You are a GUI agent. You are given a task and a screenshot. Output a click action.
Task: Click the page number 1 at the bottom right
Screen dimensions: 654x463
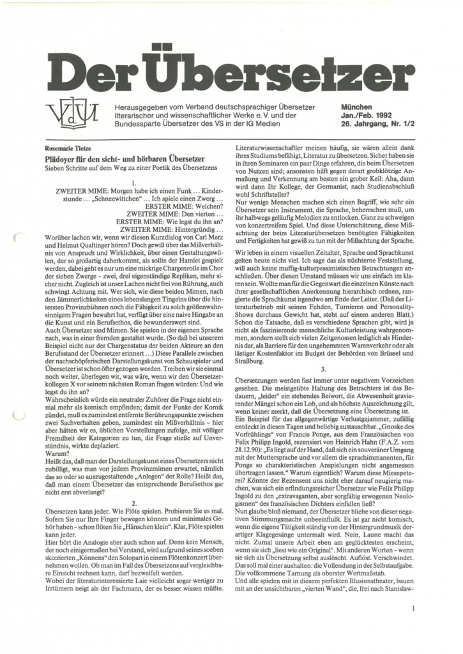pyautogui.click(x=414, y=609)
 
